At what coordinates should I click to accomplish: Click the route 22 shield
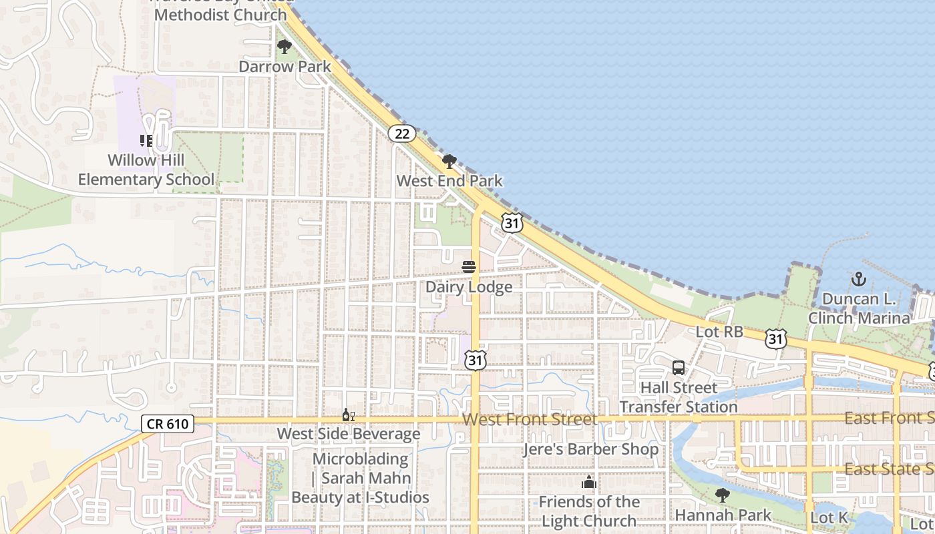[402, 133]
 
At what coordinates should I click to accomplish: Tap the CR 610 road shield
[168, 423]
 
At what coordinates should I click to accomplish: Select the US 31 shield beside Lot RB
[775, 339]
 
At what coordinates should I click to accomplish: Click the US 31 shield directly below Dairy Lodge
[475, 360]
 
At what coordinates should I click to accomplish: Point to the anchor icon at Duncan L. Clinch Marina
[859, 279]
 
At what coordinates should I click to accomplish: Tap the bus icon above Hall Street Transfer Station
[679, 368]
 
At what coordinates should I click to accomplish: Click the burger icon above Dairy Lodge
[469, 267]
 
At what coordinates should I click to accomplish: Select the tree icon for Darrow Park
[285, 47]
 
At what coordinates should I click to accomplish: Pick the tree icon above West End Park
[449, 161]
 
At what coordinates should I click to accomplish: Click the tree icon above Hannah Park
[723, 495]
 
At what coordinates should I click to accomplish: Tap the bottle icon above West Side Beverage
[348, 415]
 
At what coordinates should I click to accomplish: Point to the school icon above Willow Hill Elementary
[146, 140]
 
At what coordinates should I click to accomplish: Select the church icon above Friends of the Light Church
[589, 482]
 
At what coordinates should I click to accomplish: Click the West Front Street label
[530, 419]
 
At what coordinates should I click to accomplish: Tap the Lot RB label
[719, 332]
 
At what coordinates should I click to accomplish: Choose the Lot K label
[829, 518]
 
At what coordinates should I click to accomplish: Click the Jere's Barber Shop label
[591, 449]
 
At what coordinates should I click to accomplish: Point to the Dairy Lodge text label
[469, 287]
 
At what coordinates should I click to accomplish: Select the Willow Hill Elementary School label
[146, 170]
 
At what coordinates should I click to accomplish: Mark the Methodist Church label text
[220, 14]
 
